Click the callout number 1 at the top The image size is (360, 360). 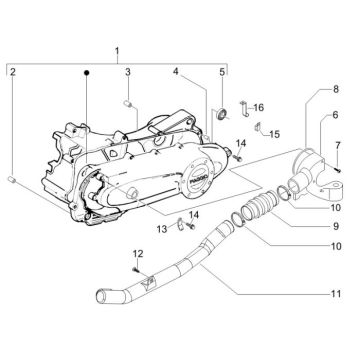tap(117, 50)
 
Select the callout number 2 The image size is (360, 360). tap(12, 73)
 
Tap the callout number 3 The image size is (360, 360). tap(129, 73)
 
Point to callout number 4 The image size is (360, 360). tap(176, 72)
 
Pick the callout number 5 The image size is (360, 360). tap(222, 73)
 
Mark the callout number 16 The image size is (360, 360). tap(257, 107)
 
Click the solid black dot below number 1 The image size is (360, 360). tap(87, 73)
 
